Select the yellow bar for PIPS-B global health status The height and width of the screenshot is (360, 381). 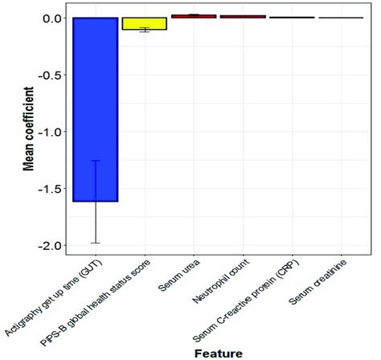145,23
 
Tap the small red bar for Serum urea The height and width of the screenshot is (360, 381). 194,16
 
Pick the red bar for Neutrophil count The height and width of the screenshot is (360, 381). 243,16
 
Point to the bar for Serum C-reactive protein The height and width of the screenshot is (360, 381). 292,17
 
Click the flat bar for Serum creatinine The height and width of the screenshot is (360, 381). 341,18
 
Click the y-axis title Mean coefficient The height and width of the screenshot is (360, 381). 25,133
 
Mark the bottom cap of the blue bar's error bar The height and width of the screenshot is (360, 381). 96,243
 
